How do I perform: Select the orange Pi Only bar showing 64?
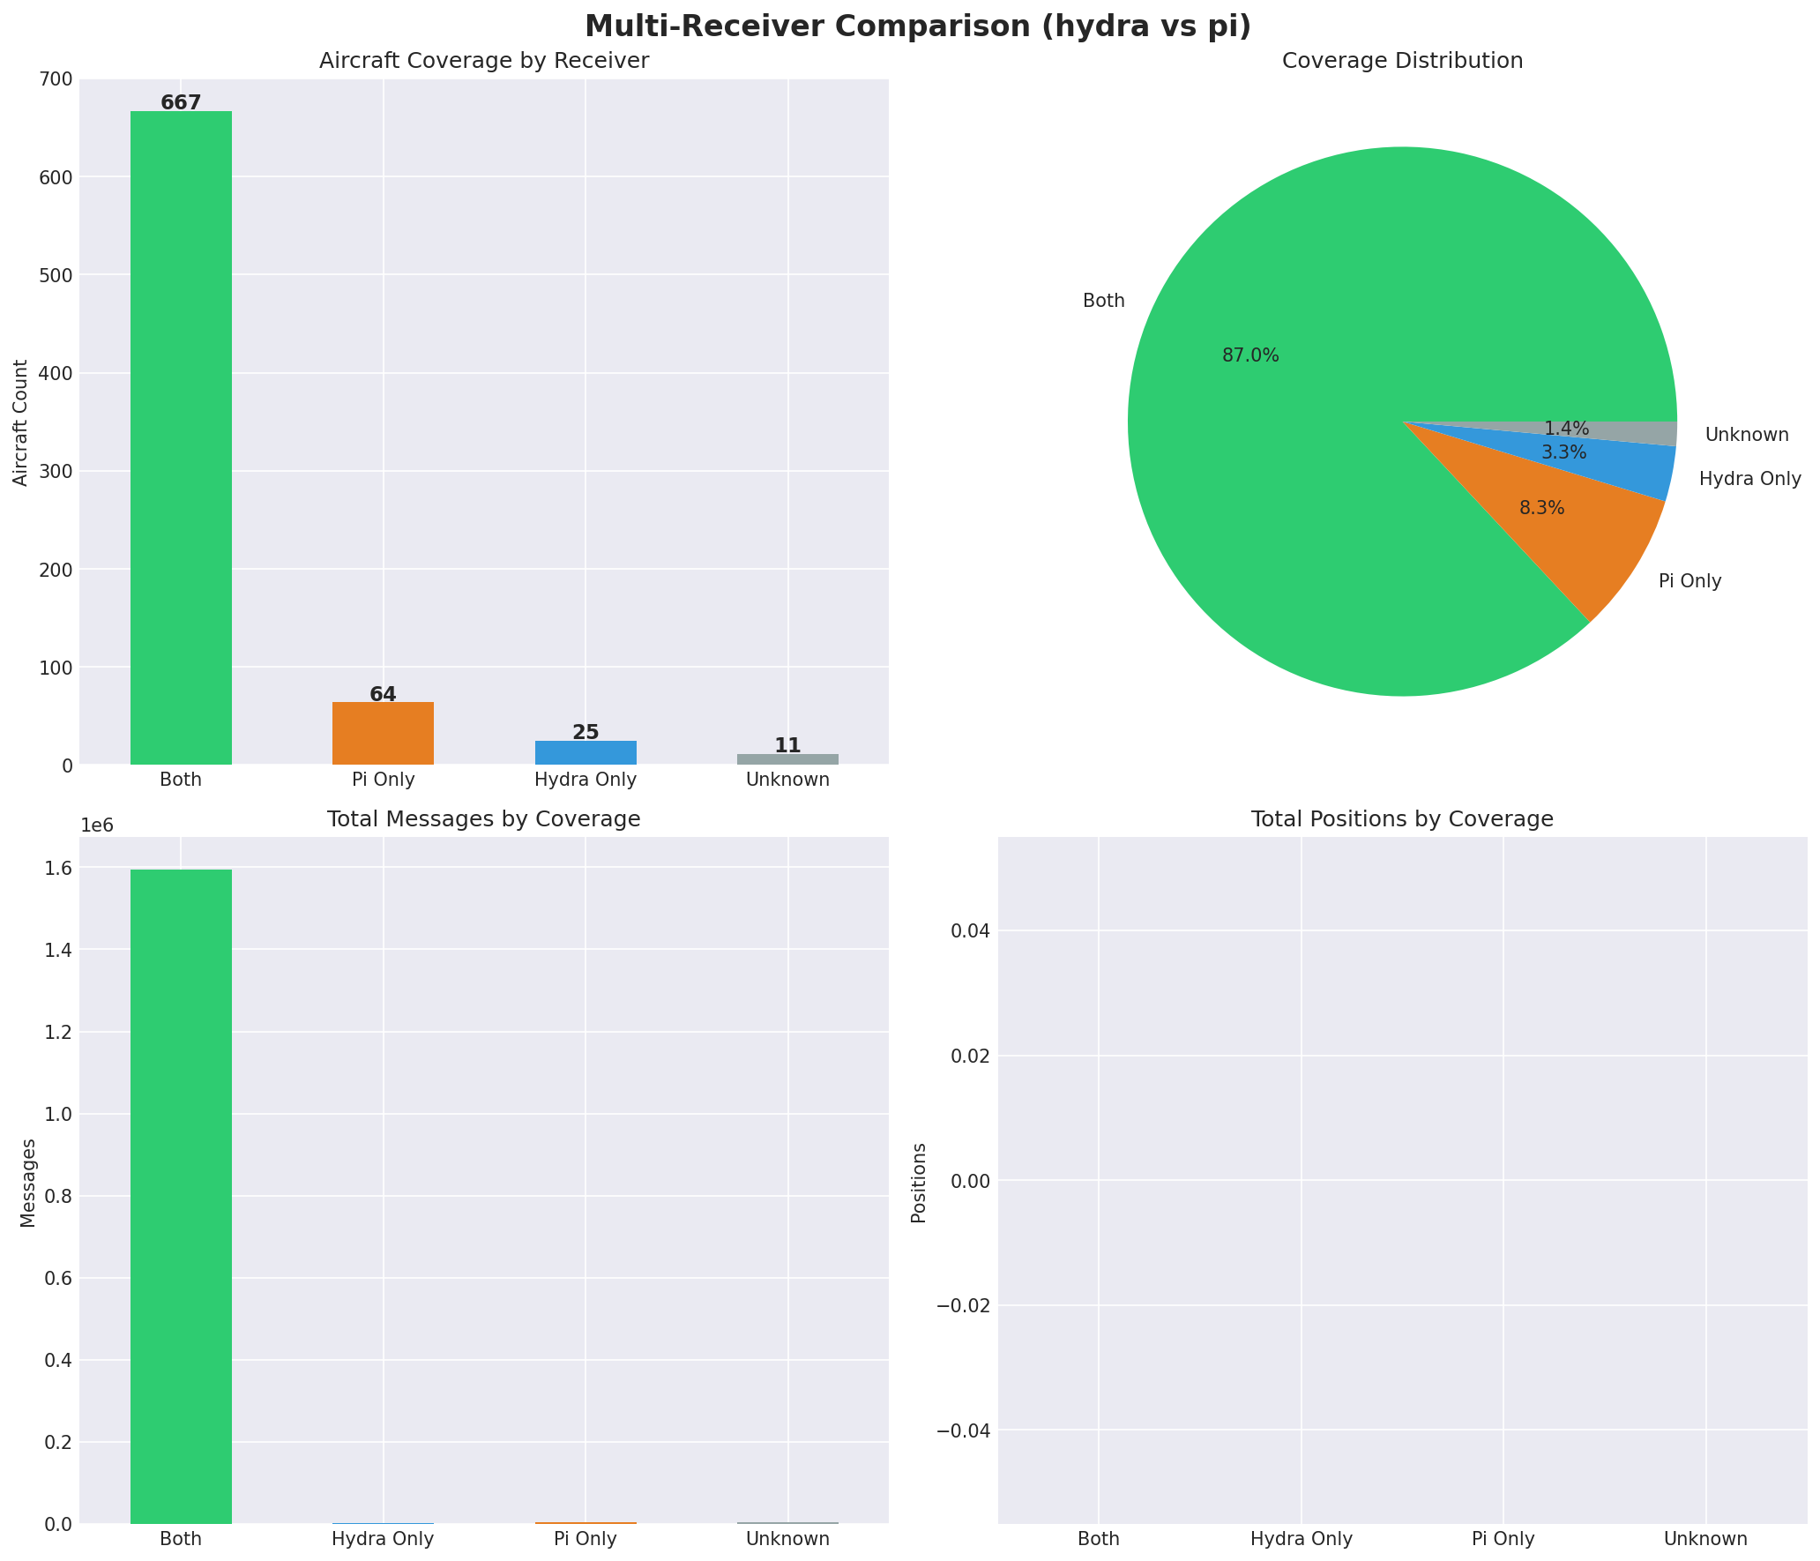[x=383, y=733]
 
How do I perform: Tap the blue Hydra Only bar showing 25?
[x=586, y=752]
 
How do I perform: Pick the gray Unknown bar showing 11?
[x=787, y=759]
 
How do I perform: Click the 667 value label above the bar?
[x=181, y=103]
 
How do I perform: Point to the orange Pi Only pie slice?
[x=1578, y=538]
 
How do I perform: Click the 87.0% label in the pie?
[x=1250, y=355]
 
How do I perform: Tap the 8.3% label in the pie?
[x=1541, y=508]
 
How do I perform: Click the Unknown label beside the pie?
[x=1747, y=435]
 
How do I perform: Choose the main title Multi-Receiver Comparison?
[x=917, y=26]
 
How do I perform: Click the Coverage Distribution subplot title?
[x=1402, y=61]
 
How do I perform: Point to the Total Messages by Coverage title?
[x=483, y=819]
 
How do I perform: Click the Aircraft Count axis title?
[x=21, y=422]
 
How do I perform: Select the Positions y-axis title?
[x=919, y=1183]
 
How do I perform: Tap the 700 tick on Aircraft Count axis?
[x=56, y=79]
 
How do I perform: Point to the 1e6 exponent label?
[x=97, y=825]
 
